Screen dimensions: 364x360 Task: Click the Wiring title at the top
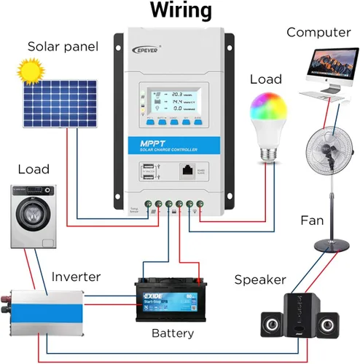[x=180, y=11]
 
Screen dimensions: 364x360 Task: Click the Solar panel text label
[x=63, y=47]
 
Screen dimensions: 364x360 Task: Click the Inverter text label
[x=76, y=277]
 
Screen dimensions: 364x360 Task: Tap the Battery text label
[x=173, y=333]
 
